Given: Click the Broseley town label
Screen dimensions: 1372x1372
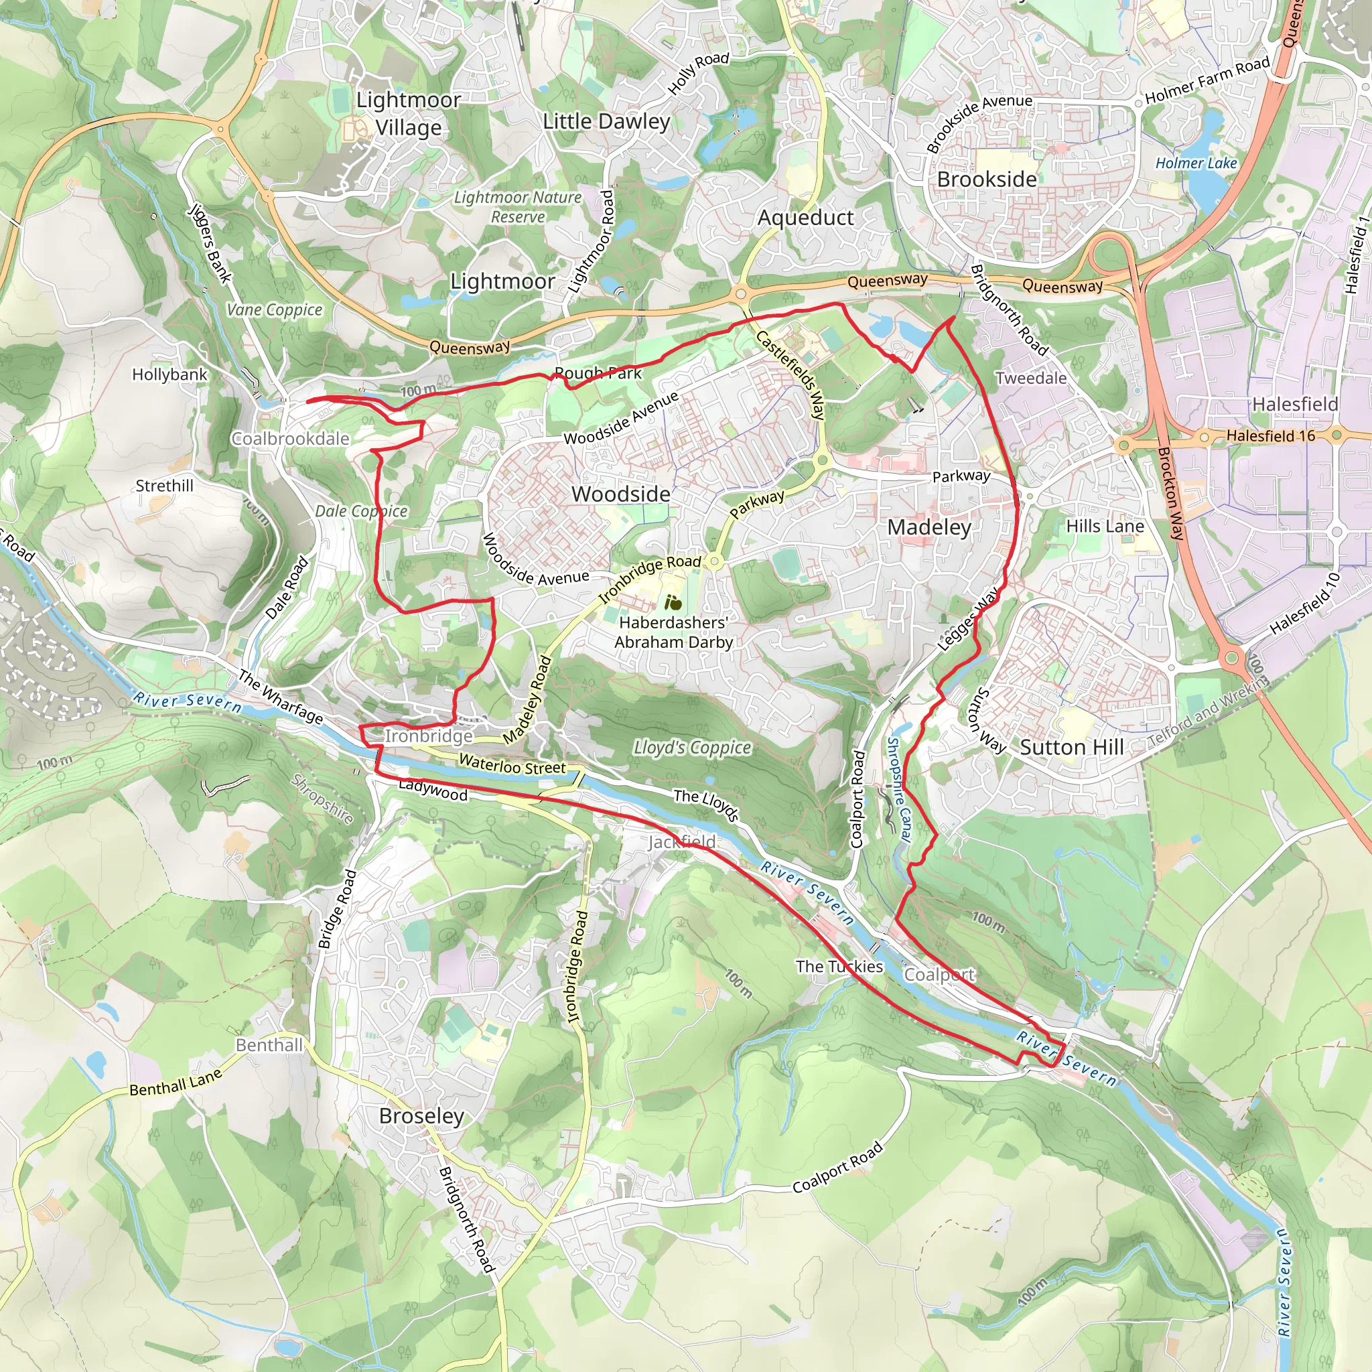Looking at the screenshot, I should click(x=421, y=1115).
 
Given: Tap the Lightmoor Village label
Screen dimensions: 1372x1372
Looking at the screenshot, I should click(x=409, y=114).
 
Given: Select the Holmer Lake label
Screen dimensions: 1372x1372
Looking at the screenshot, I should click(x=1196, y=163).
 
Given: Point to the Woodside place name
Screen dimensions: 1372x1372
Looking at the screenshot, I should click(x=620, y=494).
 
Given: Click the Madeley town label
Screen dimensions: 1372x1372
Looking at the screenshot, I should click(x=929, y=527).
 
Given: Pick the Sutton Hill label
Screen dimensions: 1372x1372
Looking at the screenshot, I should click(x=1072, y=747).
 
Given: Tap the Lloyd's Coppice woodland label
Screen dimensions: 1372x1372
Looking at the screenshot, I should click(x=691, y=747).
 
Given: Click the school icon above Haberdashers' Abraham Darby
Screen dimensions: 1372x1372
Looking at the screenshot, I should click(x=673, y=604).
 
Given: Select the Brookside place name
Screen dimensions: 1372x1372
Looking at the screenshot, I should click(x=986, y=179).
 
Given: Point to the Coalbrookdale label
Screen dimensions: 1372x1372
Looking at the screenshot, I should click(x=291, y=439).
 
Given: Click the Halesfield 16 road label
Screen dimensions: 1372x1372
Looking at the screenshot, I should click(x=1270, y=436).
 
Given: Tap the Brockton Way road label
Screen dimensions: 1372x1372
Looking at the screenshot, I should click(x=1171, y=494).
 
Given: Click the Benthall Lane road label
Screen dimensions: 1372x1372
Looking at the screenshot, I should click(x=176, y=1083).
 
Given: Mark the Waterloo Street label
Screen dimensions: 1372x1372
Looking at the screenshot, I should click(x=512, y=766).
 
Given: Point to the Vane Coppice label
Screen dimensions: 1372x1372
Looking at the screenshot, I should click(x=274, y=310).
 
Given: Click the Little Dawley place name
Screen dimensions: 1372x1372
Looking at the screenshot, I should click(x=606, y=121).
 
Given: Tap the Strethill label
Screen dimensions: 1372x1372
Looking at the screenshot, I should click(x=164, y=486).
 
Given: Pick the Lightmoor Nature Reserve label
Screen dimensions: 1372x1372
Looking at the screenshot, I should click(x=518, y=206).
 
